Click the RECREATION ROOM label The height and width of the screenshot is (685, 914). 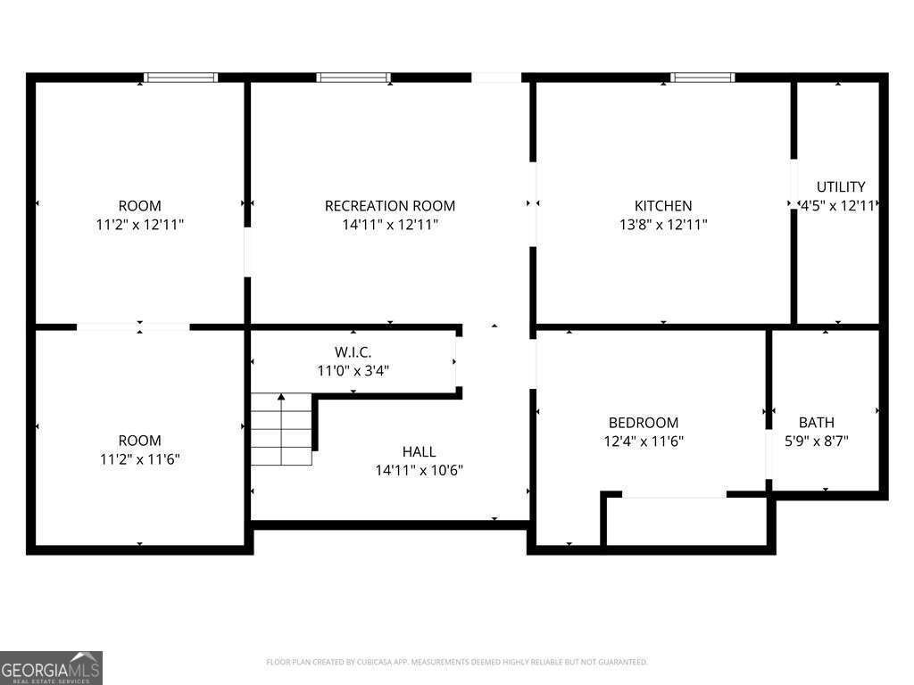click(389, 206)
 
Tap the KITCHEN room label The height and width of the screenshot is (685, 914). click(662, 206)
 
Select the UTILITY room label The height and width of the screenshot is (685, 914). click(840, 187)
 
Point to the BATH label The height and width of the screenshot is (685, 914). click(816, 422)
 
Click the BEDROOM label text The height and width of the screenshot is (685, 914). click(643, 422)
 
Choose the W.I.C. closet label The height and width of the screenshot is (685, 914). click(353, 351)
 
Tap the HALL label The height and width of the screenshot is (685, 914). click(419, 451)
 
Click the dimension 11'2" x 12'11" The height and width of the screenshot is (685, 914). click(139, 225)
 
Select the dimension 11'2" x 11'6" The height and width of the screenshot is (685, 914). click(139, 459)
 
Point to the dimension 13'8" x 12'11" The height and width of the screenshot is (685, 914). click(662, 225)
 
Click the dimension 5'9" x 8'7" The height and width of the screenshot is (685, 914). click(816, 441)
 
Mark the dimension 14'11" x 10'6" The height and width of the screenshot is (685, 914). click(419, 470)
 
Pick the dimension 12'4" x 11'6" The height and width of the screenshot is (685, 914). click(643, 441)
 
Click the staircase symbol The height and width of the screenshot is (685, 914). click(282, 429)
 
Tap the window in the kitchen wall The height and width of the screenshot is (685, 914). click(702, 78)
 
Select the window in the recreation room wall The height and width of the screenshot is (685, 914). click(353, 78)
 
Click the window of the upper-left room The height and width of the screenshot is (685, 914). click(181, 78)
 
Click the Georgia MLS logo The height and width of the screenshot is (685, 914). click(51, 667)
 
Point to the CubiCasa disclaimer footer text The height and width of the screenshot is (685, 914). click(456, 662)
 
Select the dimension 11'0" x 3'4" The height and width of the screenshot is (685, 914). click(353, 370)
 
